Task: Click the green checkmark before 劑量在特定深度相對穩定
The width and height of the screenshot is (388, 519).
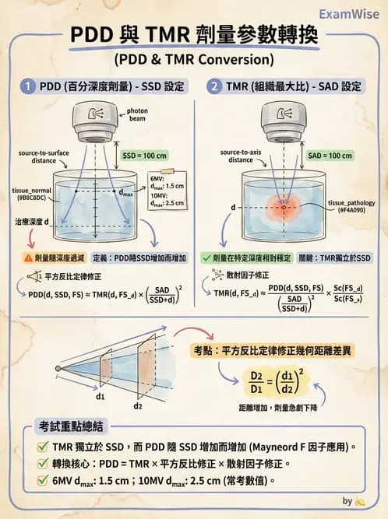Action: (x=206, y=257)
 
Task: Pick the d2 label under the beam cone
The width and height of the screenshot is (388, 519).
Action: (x=139, y=406)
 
